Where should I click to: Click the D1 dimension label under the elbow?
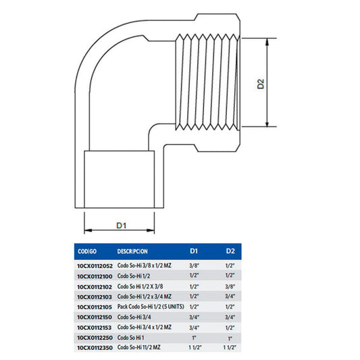[122, 226]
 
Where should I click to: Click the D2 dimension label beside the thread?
[261, 84]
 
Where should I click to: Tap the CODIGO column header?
[87, 251]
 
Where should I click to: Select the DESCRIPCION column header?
[132, 251]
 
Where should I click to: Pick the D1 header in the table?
[194, 251]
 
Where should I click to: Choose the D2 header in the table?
[230, 251]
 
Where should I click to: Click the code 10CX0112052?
[95, 266]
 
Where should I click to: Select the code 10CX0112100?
[95, 276]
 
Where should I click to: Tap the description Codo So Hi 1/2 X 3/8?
[140, 286]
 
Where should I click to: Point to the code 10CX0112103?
[95, 297]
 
